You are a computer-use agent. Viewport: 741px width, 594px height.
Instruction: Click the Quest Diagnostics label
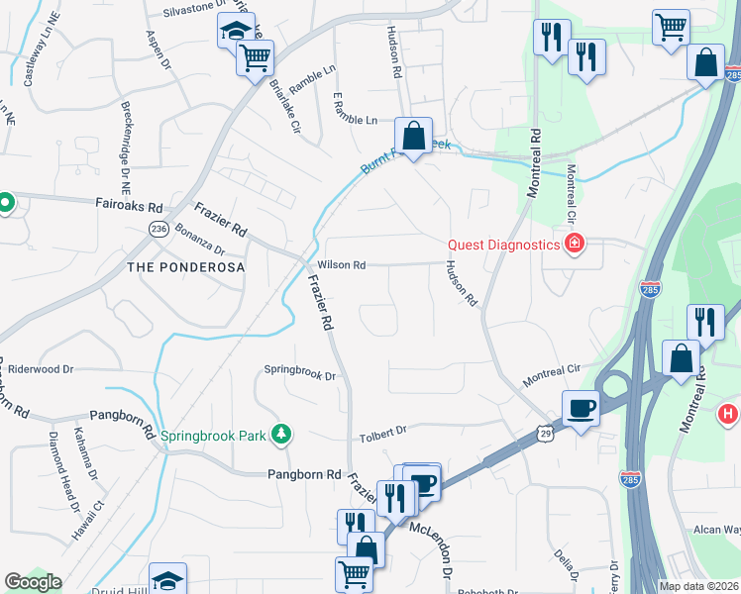tap(504, 245)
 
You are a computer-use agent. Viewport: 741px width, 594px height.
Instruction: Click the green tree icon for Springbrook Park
tap(282, 434)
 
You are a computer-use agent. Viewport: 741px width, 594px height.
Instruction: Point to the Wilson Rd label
tap(342, 265)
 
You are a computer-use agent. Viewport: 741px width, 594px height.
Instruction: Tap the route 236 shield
tap(159, 228)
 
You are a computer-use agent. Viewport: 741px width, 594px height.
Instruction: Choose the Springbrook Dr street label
tap(300, 375)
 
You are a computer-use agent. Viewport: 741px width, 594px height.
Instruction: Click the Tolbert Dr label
tap(382, 432)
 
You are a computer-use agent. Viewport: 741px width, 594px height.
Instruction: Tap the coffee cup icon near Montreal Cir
tap(581, 407)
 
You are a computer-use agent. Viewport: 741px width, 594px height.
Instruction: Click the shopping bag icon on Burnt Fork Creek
tap(413, 137)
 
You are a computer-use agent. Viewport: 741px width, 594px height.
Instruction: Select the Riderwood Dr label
tap(41, 369)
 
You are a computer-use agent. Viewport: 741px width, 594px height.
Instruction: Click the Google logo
tap(33, 582)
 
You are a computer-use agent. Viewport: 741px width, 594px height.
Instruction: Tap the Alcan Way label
tap(717, 531)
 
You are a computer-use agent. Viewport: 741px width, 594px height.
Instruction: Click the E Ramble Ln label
tap(356, 121)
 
